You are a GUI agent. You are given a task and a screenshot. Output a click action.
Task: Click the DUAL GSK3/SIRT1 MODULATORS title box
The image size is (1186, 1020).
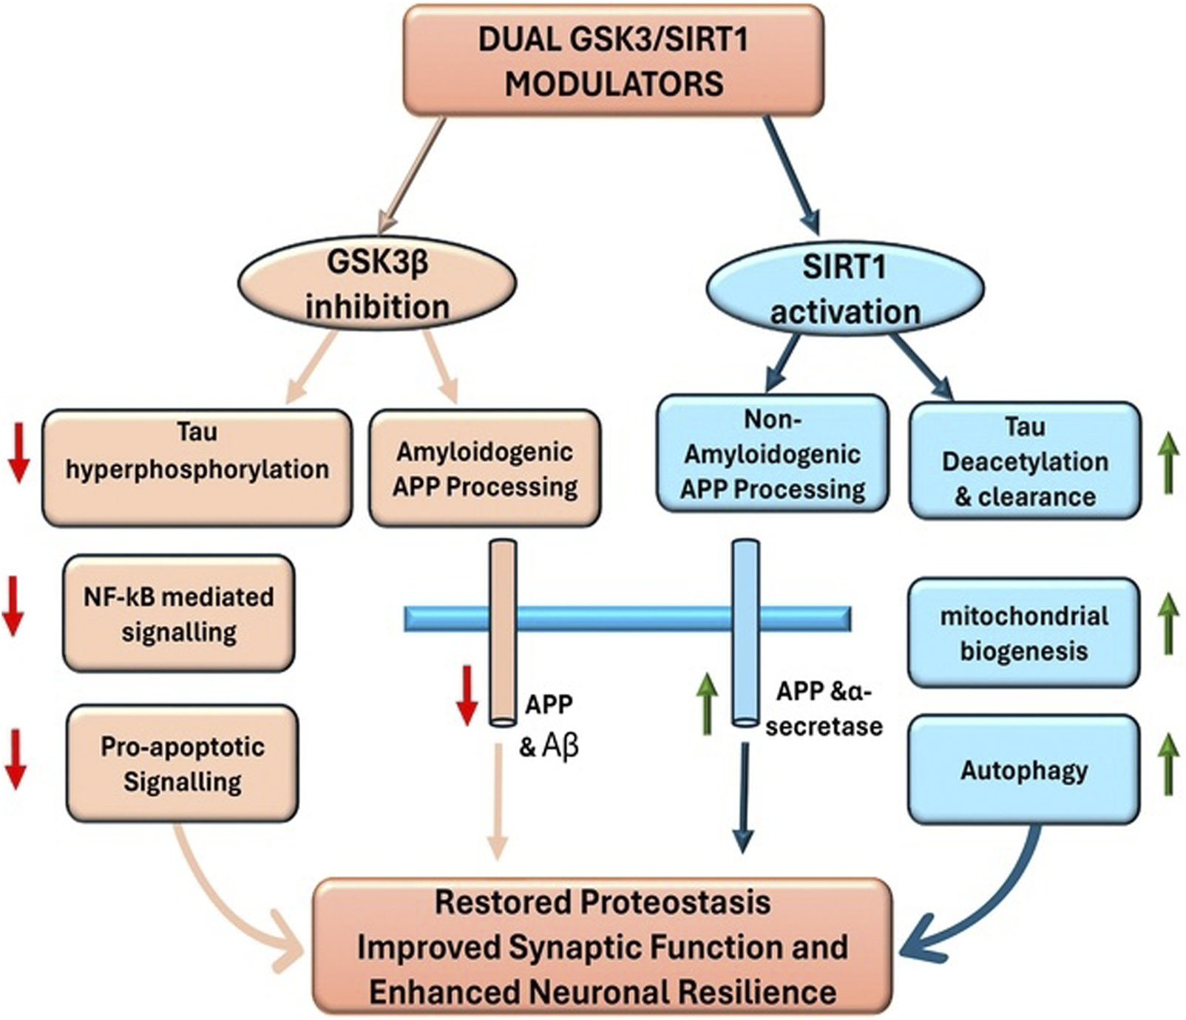point(613,61)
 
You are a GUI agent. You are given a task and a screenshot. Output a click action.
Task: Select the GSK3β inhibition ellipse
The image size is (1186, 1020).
point(377,285)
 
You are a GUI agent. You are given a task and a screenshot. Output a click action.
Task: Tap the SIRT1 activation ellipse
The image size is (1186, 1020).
point(845,289)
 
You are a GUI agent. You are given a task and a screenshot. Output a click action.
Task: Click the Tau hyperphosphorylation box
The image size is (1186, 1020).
point(197,468)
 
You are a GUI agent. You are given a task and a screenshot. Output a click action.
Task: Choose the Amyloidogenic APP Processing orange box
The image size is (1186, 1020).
point(484,468)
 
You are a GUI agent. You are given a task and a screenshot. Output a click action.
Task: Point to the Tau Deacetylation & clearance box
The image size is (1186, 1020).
point(1025,460)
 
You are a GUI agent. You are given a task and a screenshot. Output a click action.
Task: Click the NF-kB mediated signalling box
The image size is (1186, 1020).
point(178,613)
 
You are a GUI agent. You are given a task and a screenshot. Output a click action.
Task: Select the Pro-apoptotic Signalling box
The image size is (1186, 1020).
point(182,764)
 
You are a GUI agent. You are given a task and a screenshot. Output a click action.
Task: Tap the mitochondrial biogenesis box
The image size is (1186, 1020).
point(1023,633)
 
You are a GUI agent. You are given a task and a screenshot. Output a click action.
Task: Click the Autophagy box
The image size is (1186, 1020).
point(1023,769)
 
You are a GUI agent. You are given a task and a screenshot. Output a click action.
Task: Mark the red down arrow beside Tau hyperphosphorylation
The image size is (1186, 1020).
point(18,459)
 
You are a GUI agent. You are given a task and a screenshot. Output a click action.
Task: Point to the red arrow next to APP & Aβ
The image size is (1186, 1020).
point(467,695)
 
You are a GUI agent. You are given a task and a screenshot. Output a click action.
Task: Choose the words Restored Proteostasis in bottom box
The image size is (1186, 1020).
point(603,902)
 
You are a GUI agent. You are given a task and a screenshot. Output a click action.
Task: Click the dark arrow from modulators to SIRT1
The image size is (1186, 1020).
point(791,174)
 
